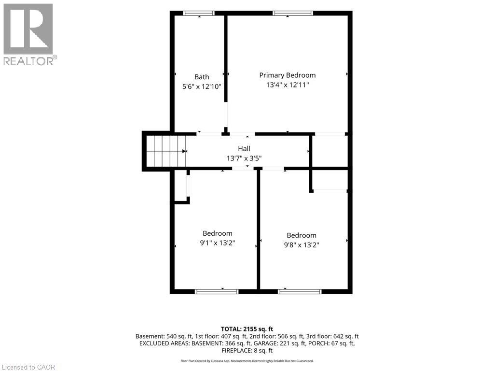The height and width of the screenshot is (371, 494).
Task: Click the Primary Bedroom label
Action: (x=288, y=75)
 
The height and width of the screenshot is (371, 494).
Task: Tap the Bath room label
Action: (x=202, y=77)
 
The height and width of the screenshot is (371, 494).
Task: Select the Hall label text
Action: (x=244, y=149)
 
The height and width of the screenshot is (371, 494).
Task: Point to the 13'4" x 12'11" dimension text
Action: (x=288, y=85)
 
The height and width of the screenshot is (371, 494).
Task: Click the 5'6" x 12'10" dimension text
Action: (x=202, y=86)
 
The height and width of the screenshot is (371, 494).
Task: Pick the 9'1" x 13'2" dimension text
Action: (x=218, y=243)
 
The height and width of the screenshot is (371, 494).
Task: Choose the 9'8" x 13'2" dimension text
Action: (x=302, y=245)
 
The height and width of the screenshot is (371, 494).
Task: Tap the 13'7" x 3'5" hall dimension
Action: (x=244, y=158)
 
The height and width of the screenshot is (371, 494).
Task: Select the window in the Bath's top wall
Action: (x=199, y=13)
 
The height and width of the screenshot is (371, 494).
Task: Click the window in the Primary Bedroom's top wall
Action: (x=293, y=13)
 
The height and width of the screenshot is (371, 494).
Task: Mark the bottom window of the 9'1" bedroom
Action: (x=217, y=291)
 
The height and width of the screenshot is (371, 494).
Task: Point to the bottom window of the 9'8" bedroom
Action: (x=300, y=291)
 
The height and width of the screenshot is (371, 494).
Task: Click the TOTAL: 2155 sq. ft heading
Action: (x=247, y=329)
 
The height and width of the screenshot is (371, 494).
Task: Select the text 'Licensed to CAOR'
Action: (x=28, y=367)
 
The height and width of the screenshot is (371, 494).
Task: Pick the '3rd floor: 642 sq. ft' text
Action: (x=332, y=336)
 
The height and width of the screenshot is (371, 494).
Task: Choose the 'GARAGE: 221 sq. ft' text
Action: (x=280, y=343)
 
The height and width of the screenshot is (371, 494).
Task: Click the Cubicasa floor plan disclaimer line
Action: (x=247, y=361)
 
